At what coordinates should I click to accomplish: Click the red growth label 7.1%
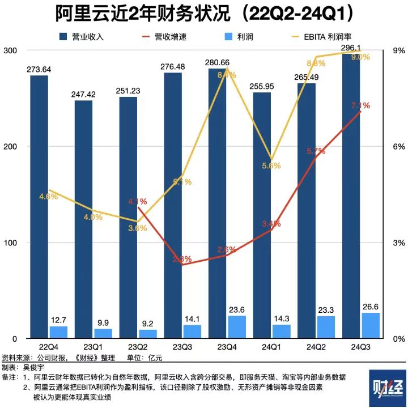360,105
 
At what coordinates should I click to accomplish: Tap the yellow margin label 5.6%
271,165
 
